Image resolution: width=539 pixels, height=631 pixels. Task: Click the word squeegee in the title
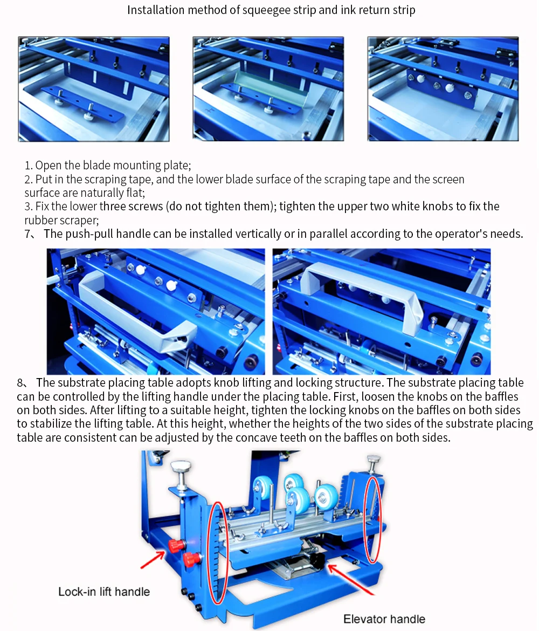click(266, 10)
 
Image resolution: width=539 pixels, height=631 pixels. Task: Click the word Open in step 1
click(49, 166)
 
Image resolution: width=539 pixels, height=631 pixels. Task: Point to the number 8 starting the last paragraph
click(20, 383)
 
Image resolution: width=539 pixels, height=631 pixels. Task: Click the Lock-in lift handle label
click(104, 592)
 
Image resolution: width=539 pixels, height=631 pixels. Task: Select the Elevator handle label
click(384, 619)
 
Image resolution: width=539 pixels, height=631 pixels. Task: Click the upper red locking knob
click(176, 546)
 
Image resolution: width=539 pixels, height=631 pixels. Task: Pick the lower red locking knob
click(191, 559)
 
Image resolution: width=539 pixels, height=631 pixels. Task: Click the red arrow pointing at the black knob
click(350, 579)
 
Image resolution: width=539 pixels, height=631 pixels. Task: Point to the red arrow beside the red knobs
click(153, 560)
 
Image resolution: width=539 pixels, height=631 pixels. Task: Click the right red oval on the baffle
click(372, 519)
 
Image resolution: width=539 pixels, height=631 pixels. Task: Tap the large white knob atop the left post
click(182, 467)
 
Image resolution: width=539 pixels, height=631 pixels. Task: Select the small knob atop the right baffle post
click(374, 459)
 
